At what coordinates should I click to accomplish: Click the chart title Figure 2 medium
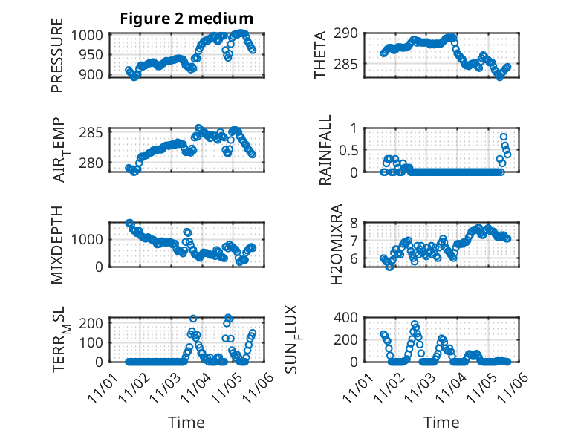pyautogui.click(x=186, y=19)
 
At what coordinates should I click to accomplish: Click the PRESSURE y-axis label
pyautogui.click(x=57, y=60)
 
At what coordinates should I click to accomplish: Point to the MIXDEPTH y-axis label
pyautogui.click(x=57, y=244)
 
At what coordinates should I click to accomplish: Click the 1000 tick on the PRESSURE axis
pyautogui.click(x=91, y=35)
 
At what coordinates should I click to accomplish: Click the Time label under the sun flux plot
pyautogui.click(x=441, y=423)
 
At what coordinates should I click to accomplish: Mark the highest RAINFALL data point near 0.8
pyautogui.click(x=504, y=137)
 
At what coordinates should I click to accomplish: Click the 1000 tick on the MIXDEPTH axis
pyautogui.click(x=91, y=240)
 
